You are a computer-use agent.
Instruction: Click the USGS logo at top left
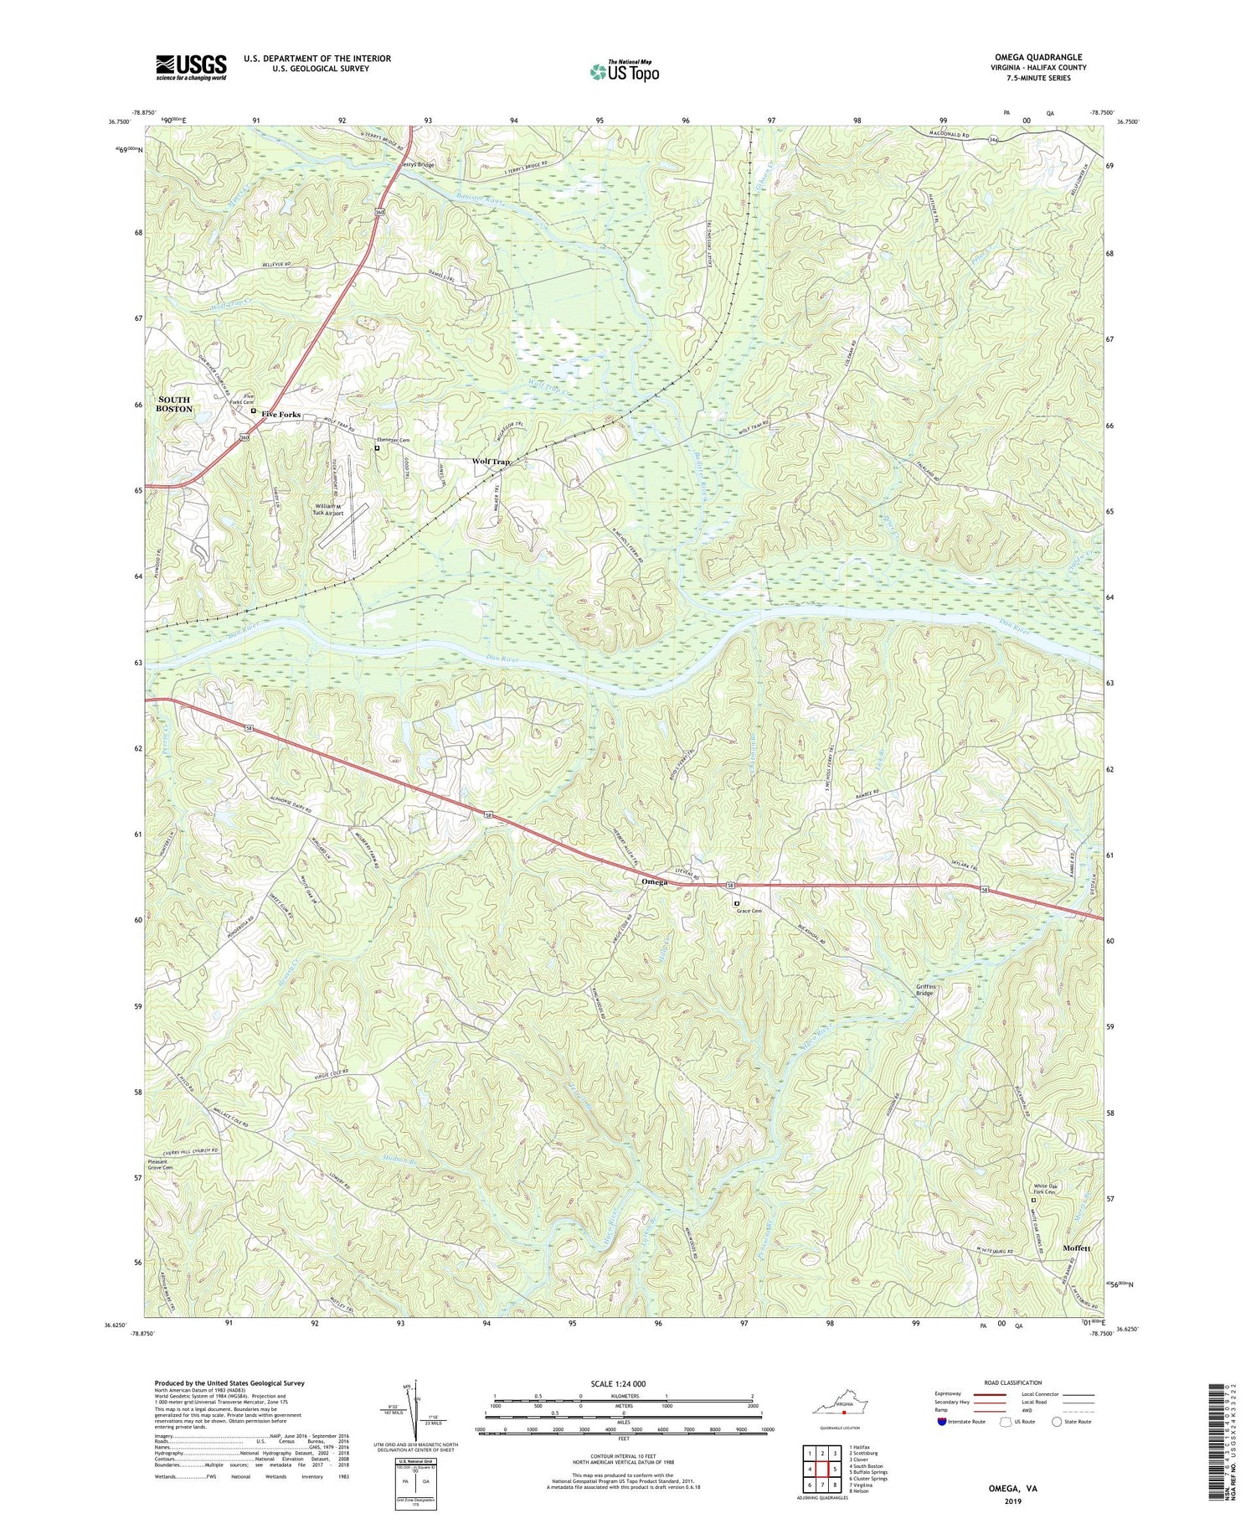click(191, 67)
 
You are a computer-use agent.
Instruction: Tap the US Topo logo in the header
click(624, 71)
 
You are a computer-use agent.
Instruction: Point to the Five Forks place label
click(281, 415)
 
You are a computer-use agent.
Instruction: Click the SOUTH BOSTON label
click(174, 404)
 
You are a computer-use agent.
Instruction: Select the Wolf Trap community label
click(491, 462)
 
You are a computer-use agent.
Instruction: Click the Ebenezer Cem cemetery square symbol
click(377, 448)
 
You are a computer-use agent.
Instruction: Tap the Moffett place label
click(1076, 1248)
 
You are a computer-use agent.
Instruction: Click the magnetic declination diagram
click(413, 1408)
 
